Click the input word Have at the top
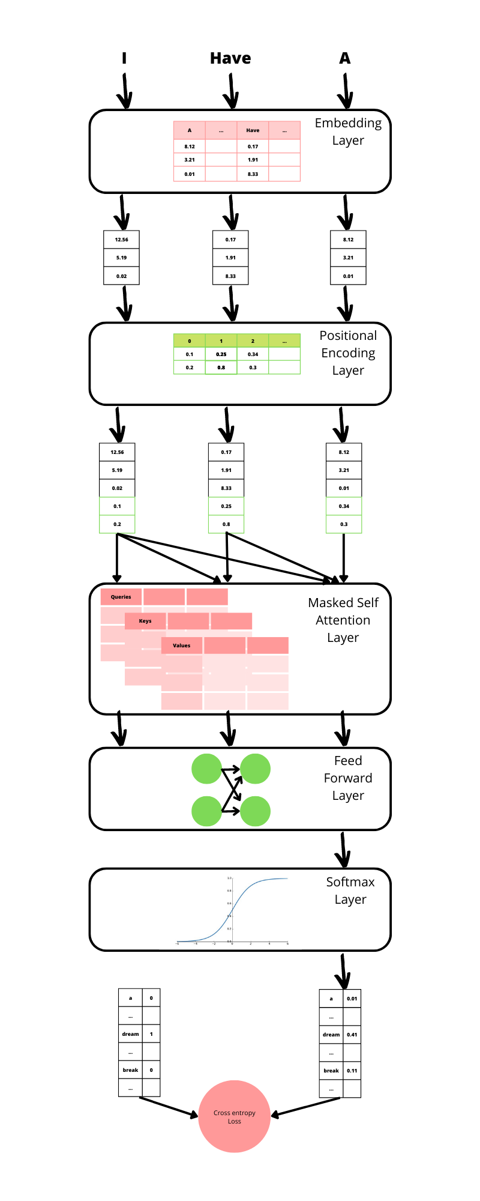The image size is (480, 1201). click(230, 58)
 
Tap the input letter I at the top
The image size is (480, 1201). click(124, 58)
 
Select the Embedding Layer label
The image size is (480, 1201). click(348, 132)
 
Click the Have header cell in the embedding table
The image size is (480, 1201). click(253, 130)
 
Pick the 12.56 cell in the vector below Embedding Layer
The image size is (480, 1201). click(121, 240)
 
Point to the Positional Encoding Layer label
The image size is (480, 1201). click(348, 353)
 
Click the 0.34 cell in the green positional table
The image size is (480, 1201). click(253, 354)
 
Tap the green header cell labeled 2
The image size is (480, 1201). click(253, 341)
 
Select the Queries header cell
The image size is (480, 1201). click(121, 597)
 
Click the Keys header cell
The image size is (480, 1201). click(145, 621)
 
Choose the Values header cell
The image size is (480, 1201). click(182, 646)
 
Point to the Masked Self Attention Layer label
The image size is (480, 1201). click(343, 620)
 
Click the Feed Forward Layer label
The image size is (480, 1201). click(348, 778)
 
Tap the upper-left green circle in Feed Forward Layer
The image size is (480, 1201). click(207, 769)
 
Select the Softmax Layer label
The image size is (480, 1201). click(350, 891)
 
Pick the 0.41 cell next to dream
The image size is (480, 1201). click(352, 1035)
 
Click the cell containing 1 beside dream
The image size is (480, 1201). click(151, 1034)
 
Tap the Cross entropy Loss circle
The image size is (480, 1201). click(235, 1116)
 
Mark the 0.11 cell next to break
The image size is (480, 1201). click(352, 1071)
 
